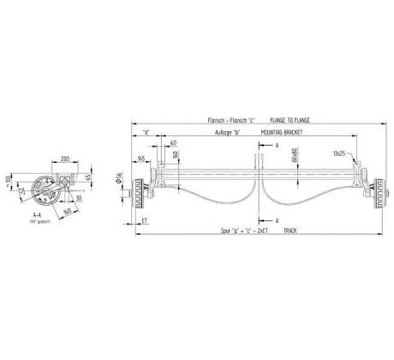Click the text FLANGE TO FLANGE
(290, 121)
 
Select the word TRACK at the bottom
(290, 231)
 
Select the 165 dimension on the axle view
(140, 159)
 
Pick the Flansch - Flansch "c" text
(230, 121)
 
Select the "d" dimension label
(146, 132)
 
